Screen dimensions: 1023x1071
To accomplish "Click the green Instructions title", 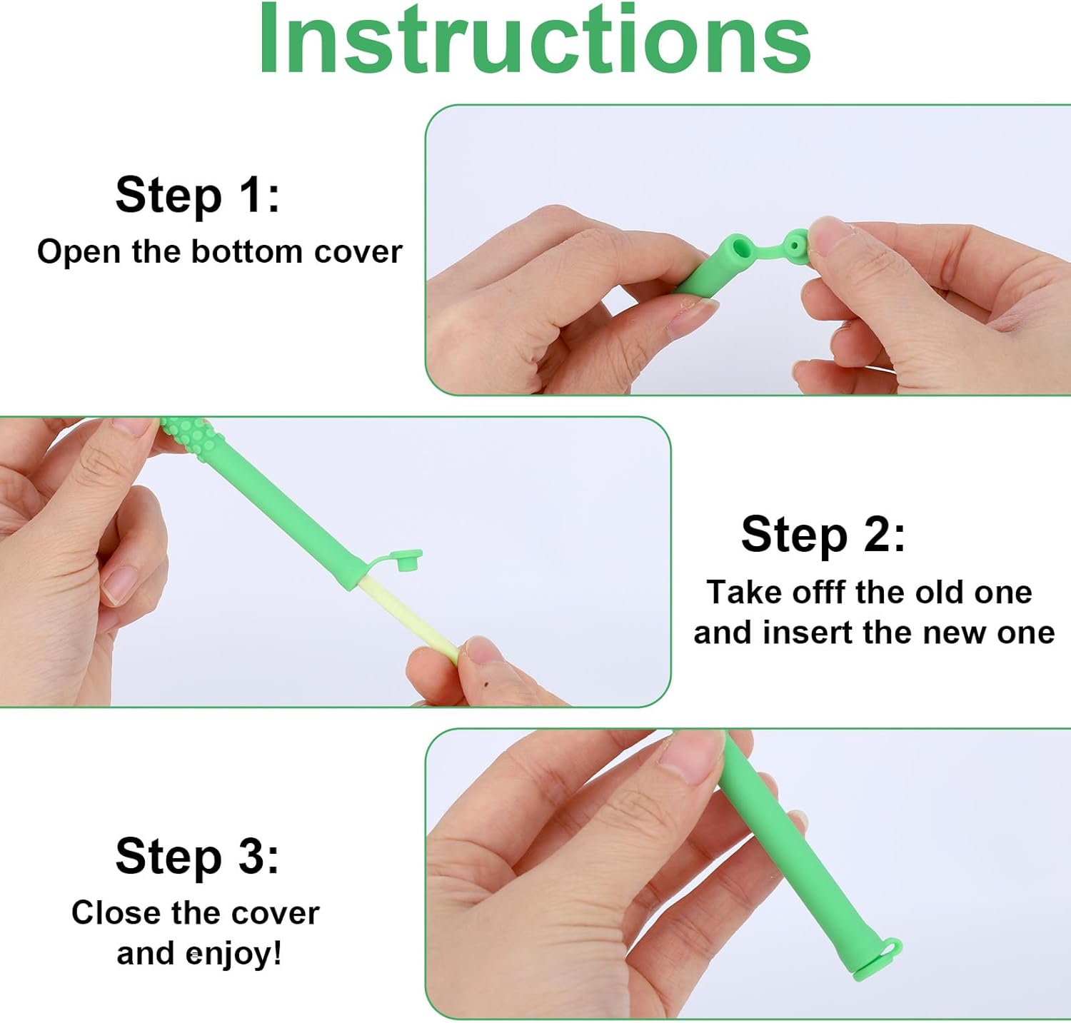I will pos(534,39).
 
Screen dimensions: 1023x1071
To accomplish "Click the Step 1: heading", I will pos(197,194).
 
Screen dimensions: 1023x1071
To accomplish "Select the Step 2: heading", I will pos(823,534).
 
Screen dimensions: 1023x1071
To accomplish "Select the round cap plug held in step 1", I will pos(794,246).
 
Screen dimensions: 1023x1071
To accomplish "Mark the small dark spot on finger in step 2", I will pos(486,686).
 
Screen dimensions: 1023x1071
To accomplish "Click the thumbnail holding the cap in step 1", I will pos(828,233).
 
